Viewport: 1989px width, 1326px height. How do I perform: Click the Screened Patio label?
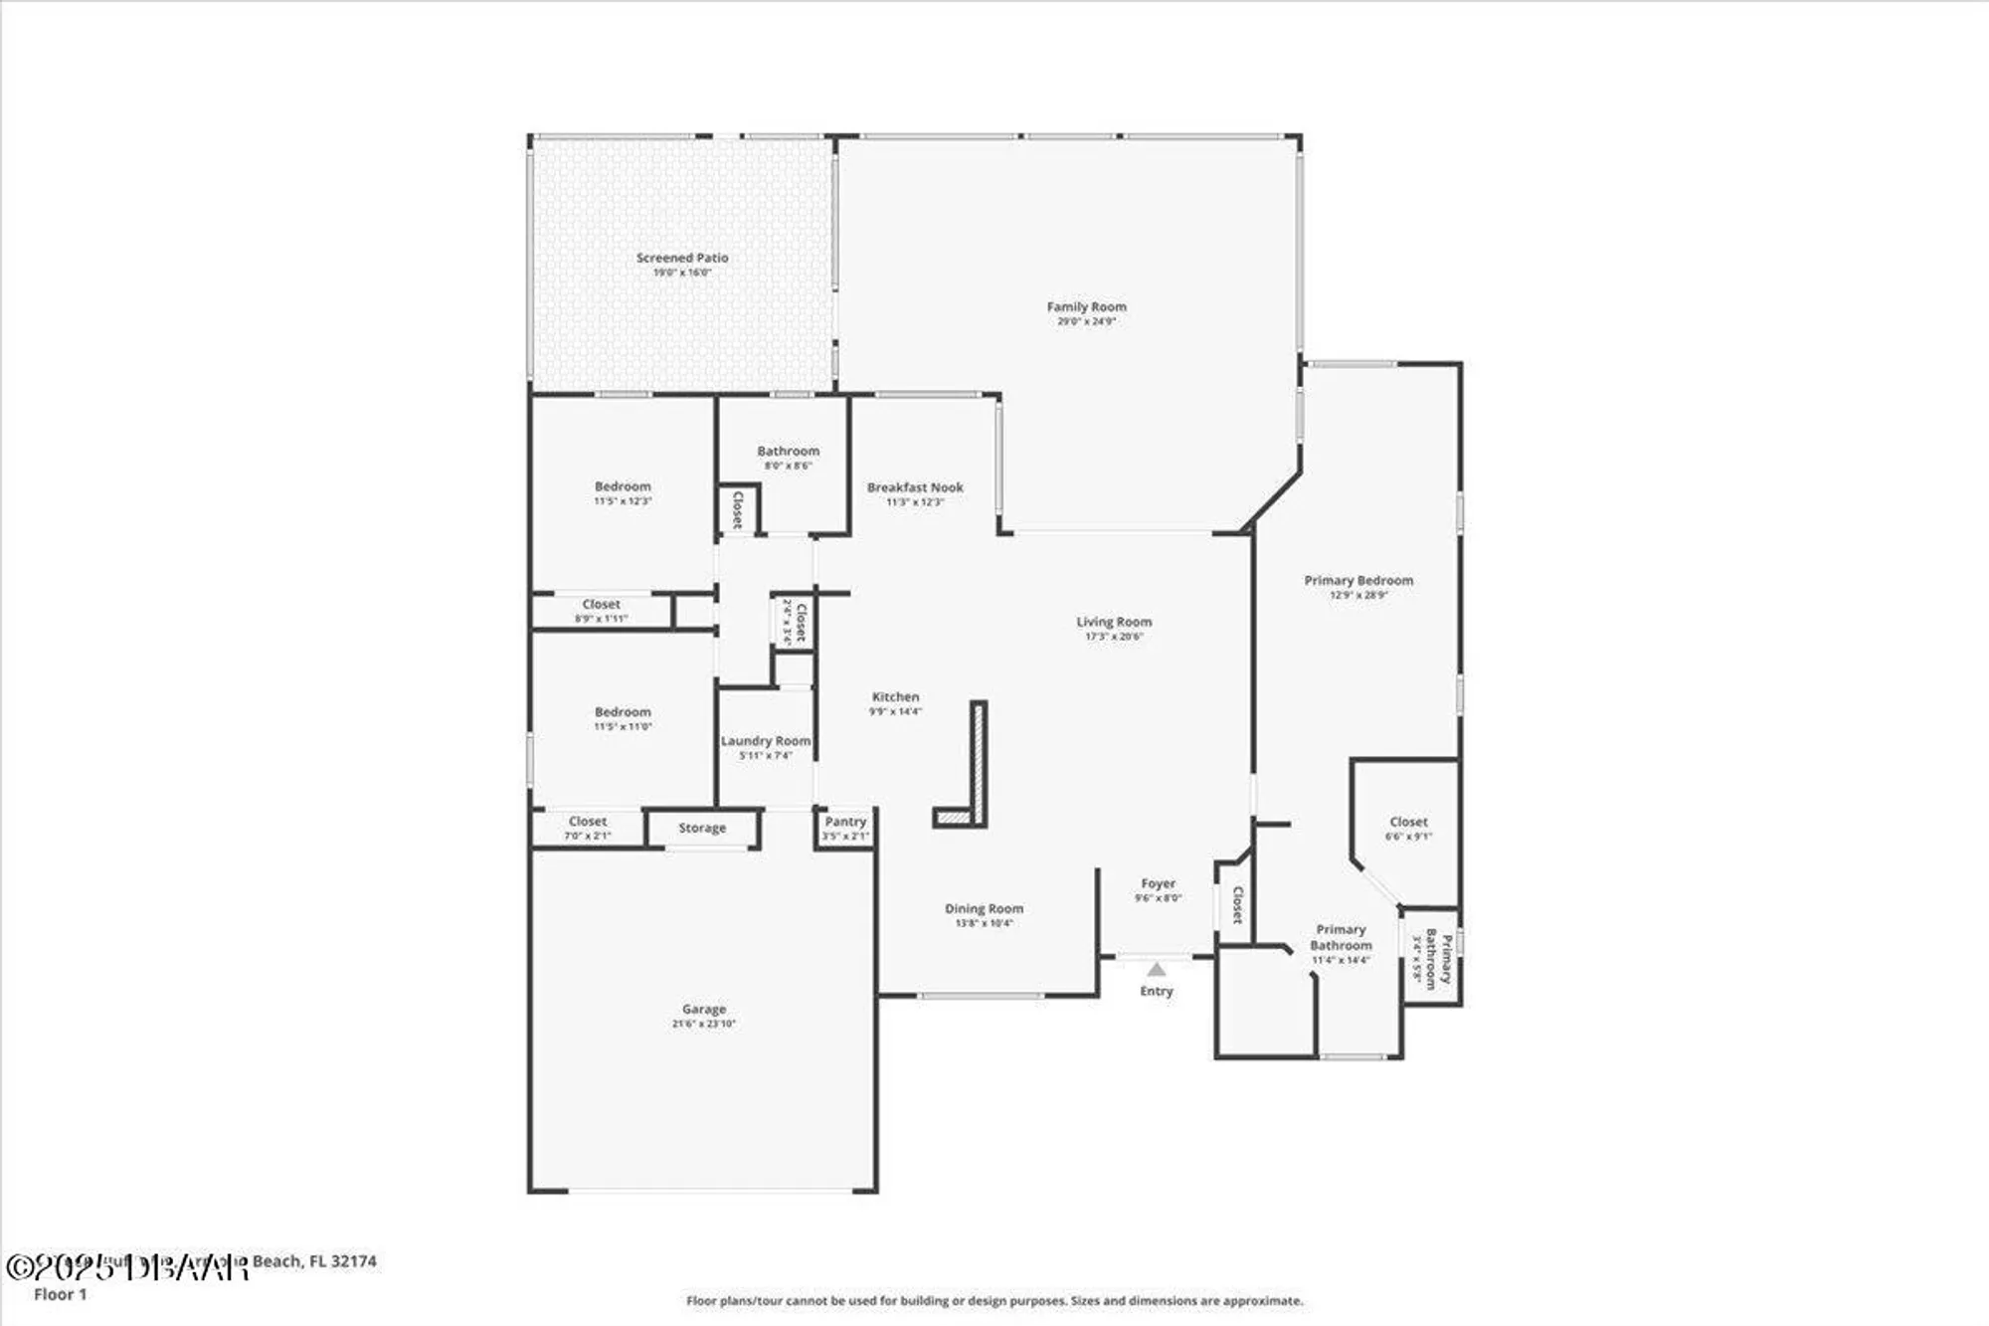click(682, 258)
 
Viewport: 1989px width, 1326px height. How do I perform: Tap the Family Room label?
click(1086, 306)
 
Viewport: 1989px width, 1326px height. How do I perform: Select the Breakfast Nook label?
click(915, 487)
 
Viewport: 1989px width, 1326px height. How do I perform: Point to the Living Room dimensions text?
click(1114, 637)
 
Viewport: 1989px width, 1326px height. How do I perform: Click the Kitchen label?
click(895, 696)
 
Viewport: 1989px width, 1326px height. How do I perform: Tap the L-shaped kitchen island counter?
click(979, 766)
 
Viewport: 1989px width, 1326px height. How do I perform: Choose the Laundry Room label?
click(766, 741)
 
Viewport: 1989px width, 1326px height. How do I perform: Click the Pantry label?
click(845, 822)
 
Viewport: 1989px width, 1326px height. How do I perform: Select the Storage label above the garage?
click(702, 828)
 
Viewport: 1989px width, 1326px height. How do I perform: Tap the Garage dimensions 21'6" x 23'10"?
click(703, 1024)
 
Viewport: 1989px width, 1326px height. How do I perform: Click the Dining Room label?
click(984, 908)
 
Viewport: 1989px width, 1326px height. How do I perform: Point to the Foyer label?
click(1158, 883)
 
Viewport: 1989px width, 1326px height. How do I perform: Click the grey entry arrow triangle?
click(1156, 970)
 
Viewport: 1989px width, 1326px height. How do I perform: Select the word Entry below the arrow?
click(1156, 991)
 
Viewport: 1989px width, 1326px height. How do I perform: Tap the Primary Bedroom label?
click(1358, 580)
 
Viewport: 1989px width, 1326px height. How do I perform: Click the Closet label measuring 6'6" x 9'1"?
click(1408, 822)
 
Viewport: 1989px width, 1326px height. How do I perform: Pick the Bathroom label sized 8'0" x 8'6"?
click(788, 451)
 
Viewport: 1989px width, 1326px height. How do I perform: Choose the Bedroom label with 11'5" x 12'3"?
click(623, 486)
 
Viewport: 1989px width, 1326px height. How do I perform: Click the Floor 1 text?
click(61, 1294)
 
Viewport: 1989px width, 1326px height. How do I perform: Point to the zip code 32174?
click(353, 1261)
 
